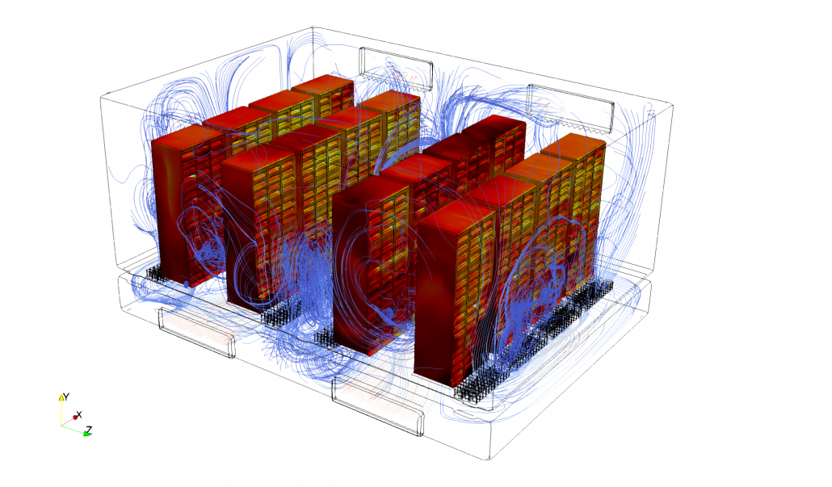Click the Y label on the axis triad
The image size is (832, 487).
tap(65, 397)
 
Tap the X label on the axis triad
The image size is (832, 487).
tap(80, 414)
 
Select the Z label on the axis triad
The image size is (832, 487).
tap(89, 430)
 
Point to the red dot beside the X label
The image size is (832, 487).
tap(75, 418)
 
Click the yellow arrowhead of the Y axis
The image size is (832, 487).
tap(61, 397)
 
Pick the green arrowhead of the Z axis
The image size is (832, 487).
tap(86, 434)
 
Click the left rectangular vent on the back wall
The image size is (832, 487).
tap(396, 67)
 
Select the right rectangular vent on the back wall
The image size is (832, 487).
tap(571, 108)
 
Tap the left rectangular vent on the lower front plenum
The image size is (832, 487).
tap(196, 332)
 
